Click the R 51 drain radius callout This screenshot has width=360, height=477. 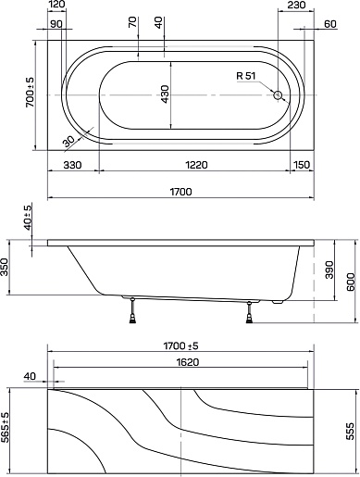click(x=246, y=76)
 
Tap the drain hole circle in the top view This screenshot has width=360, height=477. click(x=278, y=95)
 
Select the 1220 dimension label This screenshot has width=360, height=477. click(x=196, y=165)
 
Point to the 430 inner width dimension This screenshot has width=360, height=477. click(x=165, y=94)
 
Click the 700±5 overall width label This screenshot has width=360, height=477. click(x=30, y=93)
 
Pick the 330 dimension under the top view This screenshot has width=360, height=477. click(x=72, y=165)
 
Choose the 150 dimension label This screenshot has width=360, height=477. click(x=302, y=165)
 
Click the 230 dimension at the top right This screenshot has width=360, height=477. click(x=296, y=5)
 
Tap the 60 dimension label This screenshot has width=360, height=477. click(x=330, y=24)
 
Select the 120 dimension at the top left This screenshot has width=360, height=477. click(x=56, y=5)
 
